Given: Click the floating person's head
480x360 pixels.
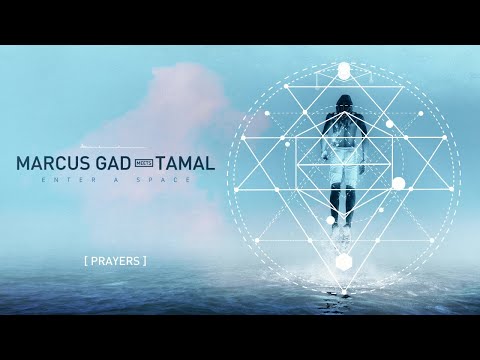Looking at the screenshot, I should click(344, 104).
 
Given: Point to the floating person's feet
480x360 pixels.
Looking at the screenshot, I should click(344, 224).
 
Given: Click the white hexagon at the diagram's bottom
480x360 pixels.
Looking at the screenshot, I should click(344, 262).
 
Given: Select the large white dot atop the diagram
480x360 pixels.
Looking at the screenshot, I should click(344, 70).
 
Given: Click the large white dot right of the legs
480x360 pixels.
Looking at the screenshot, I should click(398, 183).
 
